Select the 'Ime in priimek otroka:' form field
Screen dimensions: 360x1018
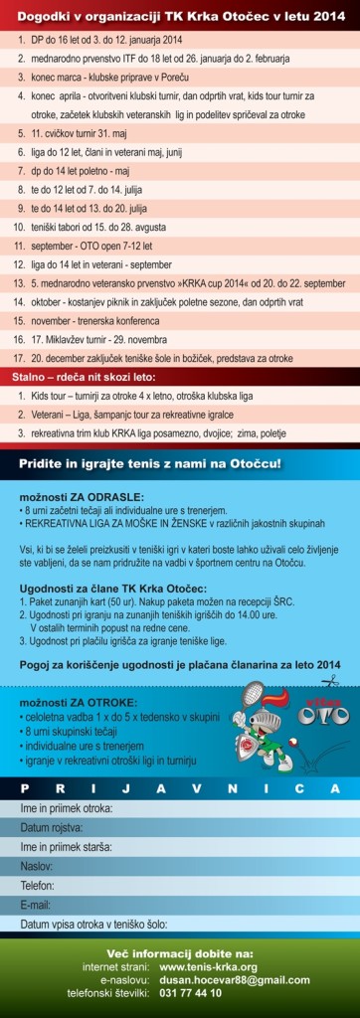point(179,808)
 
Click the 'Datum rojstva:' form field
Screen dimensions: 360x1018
point(179,827)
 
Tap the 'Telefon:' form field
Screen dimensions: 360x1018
point(179,885)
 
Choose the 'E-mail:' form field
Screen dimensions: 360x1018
point(179,904)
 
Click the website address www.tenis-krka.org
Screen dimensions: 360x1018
point(208,966)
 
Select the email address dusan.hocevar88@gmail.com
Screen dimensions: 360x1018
point(226,979)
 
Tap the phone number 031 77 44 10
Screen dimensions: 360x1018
point(191,992)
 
